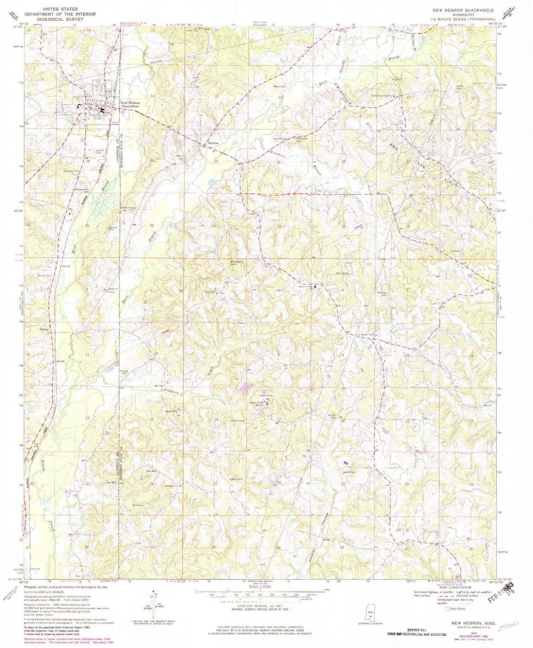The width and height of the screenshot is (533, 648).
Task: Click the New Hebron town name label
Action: point(129,103)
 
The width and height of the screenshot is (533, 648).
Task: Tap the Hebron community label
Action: point(213,143)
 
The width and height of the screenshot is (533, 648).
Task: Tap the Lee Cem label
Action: point(455,251)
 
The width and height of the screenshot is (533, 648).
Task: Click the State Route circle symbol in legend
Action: point(448,609)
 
